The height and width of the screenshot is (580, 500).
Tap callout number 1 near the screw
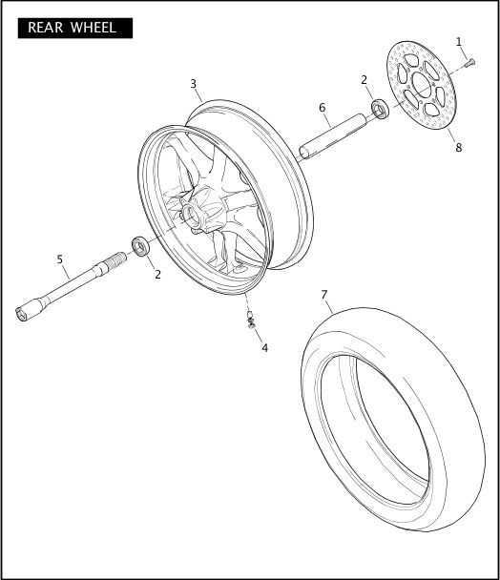click(459, 42)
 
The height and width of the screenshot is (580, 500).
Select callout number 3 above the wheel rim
click(194, 84)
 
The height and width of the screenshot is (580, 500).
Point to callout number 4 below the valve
click(264, 348)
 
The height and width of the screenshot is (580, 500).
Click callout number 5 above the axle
click(59, 259)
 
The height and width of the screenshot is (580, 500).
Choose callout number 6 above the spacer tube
click(323, 108)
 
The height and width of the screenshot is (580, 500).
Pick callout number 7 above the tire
click(325, 295)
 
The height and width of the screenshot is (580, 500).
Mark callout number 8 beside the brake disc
click(458, 148)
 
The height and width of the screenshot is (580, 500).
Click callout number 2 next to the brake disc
click(364, 80)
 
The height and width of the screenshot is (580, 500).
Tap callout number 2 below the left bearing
click(157, 275)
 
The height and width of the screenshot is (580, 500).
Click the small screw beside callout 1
click(469, 63)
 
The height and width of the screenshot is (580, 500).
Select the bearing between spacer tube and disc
click(379, 109)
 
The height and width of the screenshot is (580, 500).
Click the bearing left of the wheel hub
click(140, 248)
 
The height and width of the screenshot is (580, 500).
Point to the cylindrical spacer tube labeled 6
click(334, 135)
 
